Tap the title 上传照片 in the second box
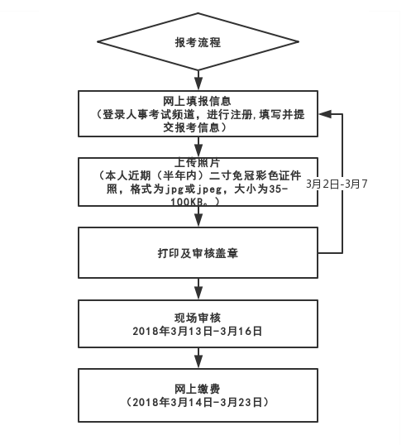click(198, 162)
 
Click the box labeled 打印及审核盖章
click(198, 251)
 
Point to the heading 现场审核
click(198, 318)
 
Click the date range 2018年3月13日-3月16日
click(198, 331)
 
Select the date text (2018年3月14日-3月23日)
click(198, 402)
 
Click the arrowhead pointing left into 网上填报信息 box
click(323, 113)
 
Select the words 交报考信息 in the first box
click(198, 127)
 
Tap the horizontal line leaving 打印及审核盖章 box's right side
click(331, 251)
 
